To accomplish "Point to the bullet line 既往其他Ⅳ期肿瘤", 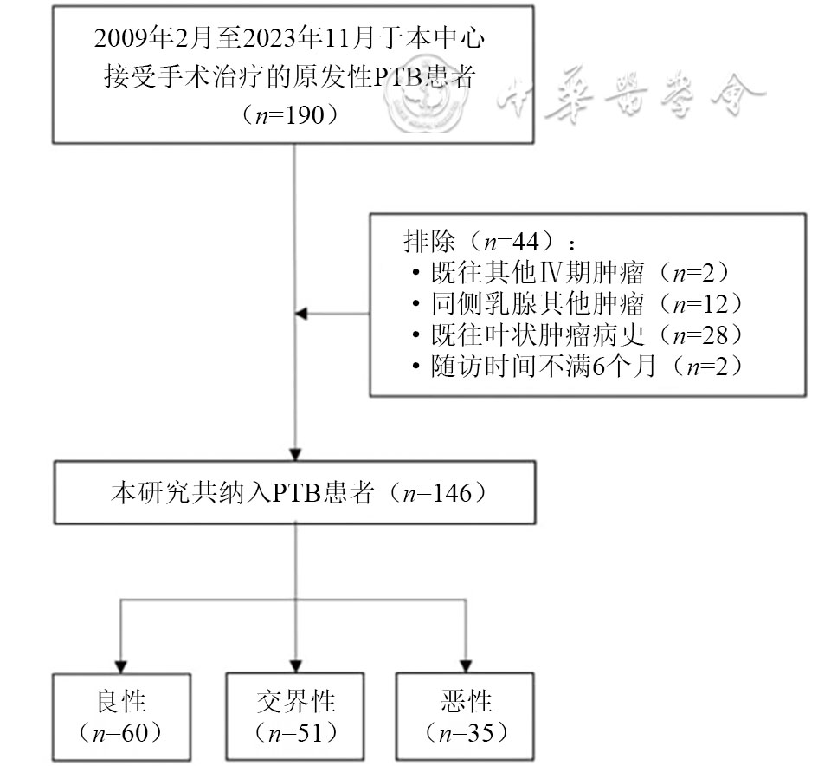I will pyautogui.click(x=537, y=273).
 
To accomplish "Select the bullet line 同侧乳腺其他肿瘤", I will pyautogui.click(x=537, y=304).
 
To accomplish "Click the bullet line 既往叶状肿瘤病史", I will pyautogui.click(x=537, y=335).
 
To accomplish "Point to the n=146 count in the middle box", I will pyautogui.click(x=442, y=493).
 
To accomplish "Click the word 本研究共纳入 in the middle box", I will pyautogui.click(x=181, y=493).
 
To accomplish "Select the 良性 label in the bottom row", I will pyautogui.click(x=120, y=699).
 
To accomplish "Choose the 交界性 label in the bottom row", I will pyautogui.click(x=297, y=699).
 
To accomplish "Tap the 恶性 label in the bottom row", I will pyautogui.click(x=467, y=699).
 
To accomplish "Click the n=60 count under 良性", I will pyautogui.click(x=120, y=732).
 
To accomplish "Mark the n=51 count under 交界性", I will pyautogui.click(x=297, y=732).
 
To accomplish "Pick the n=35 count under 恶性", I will pyautogui.click(x=467, y=732).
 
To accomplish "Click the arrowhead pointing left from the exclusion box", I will pyautogui.click(x=302, y=313).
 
